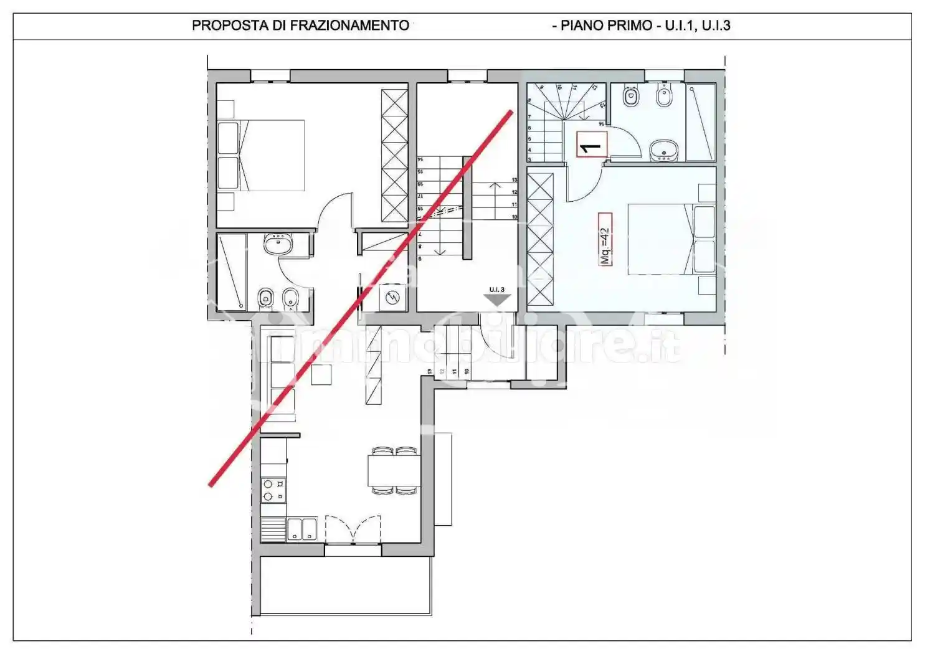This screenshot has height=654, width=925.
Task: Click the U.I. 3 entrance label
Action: pyautogui.click(x=496, y=289)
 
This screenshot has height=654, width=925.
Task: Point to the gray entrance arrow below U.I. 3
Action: pyautogui.click(x=497, y=300)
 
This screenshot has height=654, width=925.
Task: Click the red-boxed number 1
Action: pyautogui.click(x=591, y=145)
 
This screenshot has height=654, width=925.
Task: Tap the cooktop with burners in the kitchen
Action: pyautogui.click(x=273, y=490)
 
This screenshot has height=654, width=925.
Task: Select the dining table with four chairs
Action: pyautogui.click(x=394, y=470)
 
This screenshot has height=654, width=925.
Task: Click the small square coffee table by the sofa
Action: pyautogui.click(x=322, y=374)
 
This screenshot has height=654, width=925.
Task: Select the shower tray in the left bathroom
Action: pyautogui.click(x=232, y=272)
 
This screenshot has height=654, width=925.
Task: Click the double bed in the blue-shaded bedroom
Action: pyautogui.click(x=670, y=239)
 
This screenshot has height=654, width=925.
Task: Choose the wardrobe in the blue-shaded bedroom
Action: pyautogui.click(x=540, y=240)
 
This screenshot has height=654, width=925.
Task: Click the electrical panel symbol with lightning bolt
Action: pyautogui.click(x=393, y=298)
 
